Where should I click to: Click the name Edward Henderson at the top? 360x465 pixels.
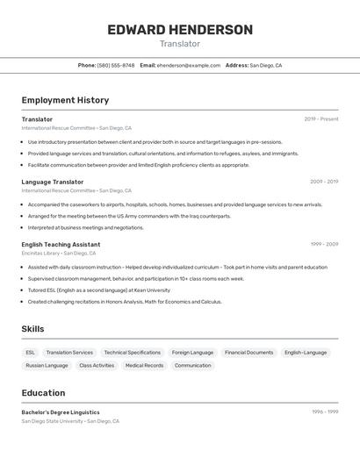tap(180, 30)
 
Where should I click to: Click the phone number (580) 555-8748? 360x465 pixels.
tap(116, 65)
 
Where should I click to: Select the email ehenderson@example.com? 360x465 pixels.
tap(189, 65)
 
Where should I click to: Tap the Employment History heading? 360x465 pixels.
tap(65, 100)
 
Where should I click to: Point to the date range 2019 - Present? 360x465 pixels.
tap(320, 119)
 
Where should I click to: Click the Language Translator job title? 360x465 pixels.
tap(53, 182)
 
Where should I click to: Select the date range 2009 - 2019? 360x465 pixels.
tap(324, 182)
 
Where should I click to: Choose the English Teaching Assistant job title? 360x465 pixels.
tap(61, 245)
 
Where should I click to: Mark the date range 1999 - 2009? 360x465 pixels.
tap(324, 245)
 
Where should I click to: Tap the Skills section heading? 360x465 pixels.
tap(32, 329)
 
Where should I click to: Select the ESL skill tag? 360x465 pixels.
tap(31, 353)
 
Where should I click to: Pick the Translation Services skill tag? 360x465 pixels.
tap(69, 353)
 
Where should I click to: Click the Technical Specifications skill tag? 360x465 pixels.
tap(132, 353)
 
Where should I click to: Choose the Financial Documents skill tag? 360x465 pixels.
tap(248, 353)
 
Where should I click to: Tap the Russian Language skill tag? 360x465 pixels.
tap(47, 365)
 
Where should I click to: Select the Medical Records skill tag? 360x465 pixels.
tap(144, 365)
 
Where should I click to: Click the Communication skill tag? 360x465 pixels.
tap(192, 365)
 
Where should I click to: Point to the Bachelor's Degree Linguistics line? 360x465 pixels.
tap(61, 412)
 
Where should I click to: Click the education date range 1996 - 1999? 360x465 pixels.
tap(325, 412)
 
